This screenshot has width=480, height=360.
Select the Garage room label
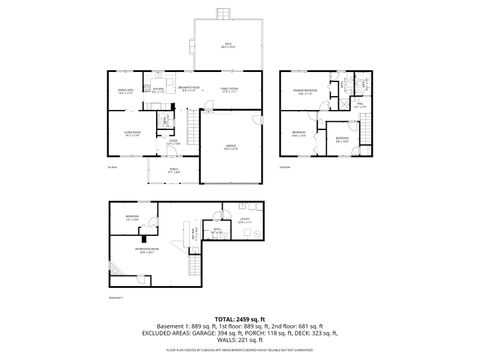click(x=230, y=147)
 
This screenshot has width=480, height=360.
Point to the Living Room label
click(x=131, y=134)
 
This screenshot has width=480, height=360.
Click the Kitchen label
click(x=158, y=91)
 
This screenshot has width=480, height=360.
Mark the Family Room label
click(x=229, y=91)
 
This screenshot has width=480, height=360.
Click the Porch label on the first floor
click(x=172, y=171)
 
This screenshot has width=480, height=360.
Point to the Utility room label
click(x=244, y=221)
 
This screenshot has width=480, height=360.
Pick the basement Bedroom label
click(x=132, y=217)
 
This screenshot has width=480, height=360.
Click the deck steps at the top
click(x=225, y=13)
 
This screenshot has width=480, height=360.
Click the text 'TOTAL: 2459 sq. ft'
click(x=241, y=317)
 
